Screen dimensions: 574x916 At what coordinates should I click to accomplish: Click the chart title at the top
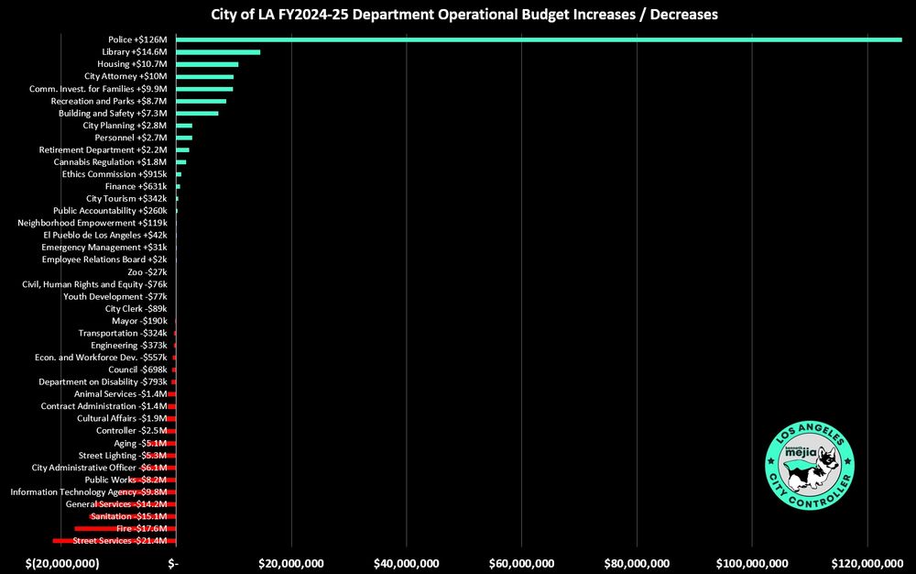(x=458, y=15)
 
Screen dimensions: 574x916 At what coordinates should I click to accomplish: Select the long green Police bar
(x=539, y=39)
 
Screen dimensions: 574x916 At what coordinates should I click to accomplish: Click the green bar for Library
(x=218, y=52)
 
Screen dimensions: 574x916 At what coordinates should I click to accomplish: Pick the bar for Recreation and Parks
(x=201, y=101)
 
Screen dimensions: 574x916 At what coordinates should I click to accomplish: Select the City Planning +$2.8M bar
(x=184, y=125)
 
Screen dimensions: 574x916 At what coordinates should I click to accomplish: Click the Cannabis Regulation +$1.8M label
(x=111, y=161)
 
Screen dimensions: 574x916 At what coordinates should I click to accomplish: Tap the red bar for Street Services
(x=114, y=541)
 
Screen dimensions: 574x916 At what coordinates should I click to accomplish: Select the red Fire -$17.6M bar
(x=125, y=528)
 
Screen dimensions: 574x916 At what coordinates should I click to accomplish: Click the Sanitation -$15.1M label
(x=128, y=516)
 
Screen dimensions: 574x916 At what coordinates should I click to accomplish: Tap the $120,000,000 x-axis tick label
(x=866, y=561)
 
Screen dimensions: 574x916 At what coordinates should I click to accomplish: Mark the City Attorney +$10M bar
(x=204, y=76)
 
